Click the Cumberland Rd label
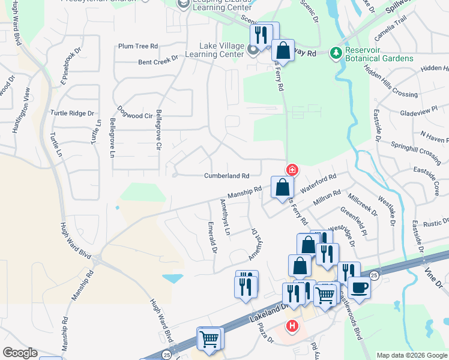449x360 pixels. coord(226,176)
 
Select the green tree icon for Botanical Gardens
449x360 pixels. coord(336,53)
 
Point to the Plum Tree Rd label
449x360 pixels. coord(137,46)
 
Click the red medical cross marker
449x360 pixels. coord(292,170)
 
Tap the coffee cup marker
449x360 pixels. coord(359,287)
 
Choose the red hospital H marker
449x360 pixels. coord(292,326)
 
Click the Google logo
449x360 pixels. coord(20,353)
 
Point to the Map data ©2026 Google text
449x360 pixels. coord(411,355)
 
